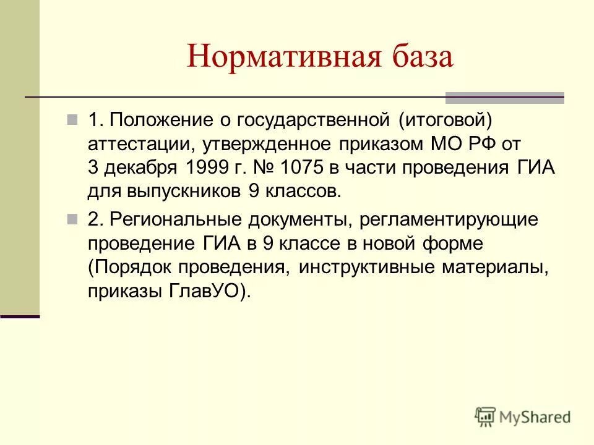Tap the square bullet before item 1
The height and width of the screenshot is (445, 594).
click(x=72, y=119)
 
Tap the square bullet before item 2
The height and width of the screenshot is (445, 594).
click(x=72, y=219)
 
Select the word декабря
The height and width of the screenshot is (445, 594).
click(x=141, y=167)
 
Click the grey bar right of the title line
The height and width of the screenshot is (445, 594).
click(x=505, y=97)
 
